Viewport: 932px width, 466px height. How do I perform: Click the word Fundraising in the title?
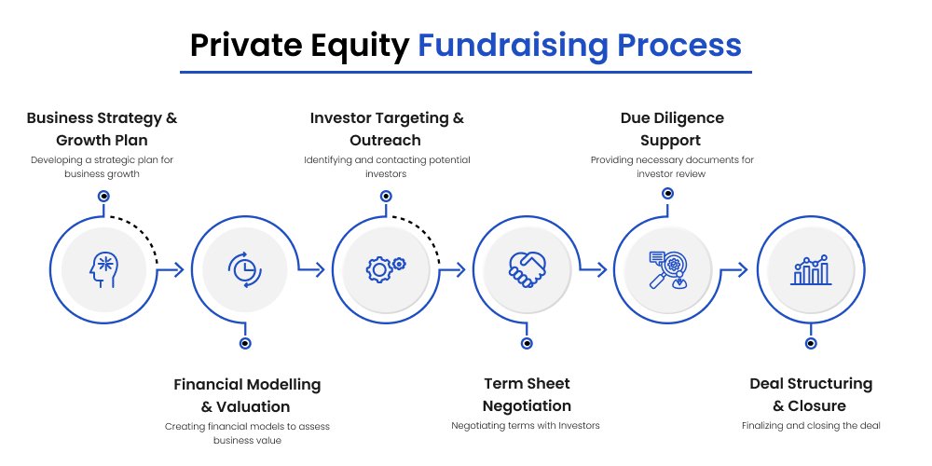coord(513,45)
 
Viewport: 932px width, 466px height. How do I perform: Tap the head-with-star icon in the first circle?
coord(104,270)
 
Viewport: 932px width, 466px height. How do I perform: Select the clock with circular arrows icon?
coord(245,270)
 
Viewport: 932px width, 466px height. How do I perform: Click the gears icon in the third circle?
coord(386,268)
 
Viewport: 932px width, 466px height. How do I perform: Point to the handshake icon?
coord(528,270)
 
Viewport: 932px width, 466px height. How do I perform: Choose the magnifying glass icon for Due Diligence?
coord(668,270)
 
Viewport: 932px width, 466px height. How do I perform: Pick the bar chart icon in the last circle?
coord(811,270)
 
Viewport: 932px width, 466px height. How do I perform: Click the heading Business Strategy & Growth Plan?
coord(103,129)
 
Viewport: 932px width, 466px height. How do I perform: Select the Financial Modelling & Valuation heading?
coord(247,395)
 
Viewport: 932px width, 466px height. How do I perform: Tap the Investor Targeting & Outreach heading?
coord(387,129)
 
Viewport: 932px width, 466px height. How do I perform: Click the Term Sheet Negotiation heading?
coord(527,394)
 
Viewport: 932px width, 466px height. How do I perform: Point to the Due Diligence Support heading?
coord(672,129)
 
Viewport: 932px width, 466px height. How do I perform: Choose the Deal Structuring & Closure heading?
coord(811,394)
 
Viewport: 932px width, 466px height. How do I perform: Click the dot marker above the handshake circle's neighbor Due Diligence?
coord(668,193)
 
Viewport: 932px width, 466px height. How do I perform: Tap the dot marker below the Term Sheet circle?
coord(527,343)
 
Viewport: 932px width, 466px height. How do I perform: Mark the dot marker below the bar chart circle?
coord(811,343)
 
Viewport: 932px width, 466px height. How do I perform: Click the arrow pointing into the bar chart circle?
coord(733,270)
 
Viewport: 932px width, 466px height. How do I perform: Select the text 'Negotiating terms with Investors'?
coord(526,426)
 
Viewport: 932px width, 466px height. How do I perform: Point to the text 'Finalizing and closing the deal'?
coord(811,426)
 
